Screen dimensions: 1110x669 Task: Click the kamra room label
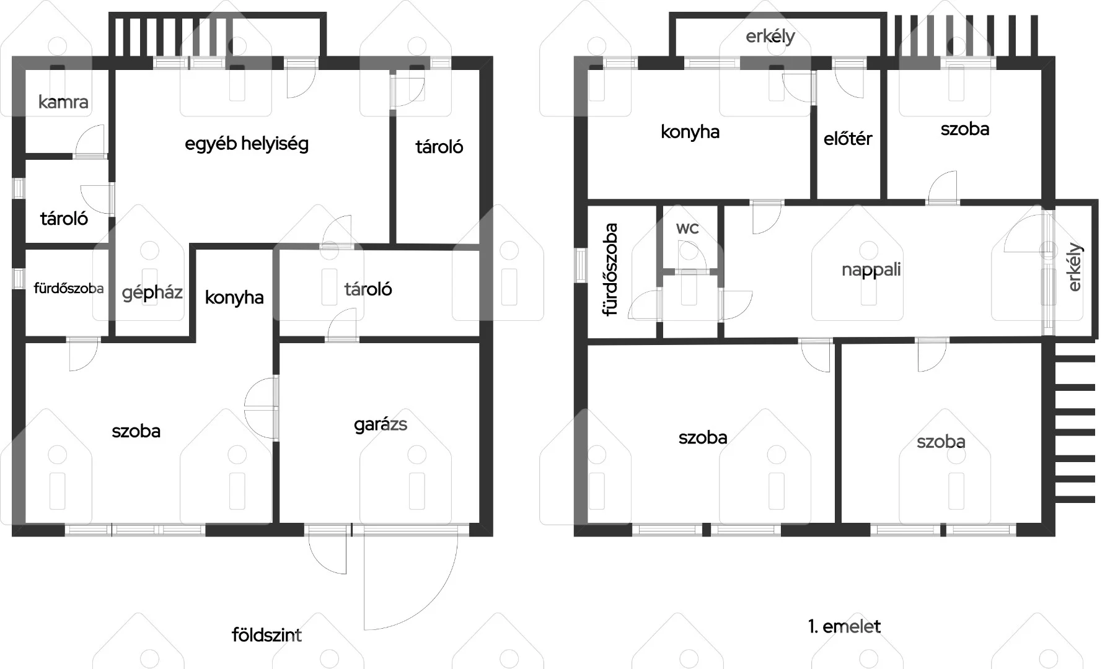(x=63, y=102)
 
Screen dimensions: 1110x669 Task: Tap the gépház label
(x=152, y=292)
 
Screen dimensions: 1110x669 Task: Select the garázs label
(x=381, y=425)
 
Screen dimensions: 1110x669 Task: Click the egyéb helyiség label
(x=247, y=144)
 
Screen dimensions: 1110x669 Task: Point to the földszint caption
(x=266, y=635)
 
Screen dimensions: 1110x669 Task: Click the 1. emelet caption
(x=844, y=626)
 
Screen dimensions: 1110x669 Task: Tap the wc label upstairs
(x=687, y=229)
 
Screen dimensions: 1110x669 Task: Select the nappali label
(x=871, y=270)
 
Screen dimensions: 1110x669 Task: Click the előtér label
(x=848, y=139)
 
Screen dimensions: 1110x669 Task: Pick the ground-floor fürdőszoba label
(x=69, y=289)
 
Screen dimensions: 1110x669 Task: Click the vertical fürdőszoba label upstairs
(x=611, y=269)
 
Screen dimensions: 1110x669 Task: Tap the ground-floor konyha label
(x=234, y=297)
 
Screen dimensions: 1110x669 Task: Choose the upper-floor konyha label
(x=690, y=132)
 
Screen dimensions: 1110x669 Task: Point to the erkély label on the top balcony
(x=770, y=37)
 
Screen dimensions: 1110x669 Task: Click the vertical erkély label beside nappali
(x=1075, y=268)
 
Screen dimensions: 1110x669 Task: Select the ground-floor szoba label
(x=136, y=431)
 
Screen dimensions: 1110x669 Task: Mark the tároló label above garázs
(x=368, y=289)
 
